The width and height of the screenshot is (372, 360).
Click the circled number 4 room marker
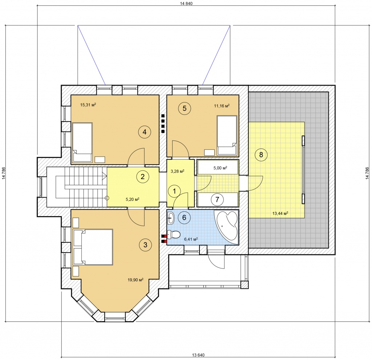[145, 132]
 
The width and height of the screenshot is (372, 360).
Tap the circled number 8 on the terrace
[261, 155]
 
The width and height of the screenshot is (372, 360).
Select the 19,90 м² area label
[136, 280]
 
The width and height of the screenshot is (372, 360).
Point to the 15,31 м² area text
[88, 105]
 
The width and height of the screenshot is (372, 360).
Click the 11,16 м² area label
[222, 106]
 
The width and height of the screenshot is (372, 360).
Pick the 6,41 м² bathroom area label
[191, 239]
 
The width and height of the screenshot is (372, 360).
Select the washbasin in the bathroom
[171, 218]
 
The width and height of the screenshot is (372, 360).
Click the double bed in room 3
[93, 247]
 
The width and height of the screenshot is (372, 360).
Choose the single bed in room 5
[227, 135]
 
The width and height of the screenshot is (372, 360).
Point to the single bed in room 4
[82, 142]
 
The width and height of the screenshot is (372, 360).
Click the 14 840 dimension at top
[186, 3]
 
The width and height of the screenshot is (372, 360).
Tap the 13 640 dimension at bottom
[198, 355]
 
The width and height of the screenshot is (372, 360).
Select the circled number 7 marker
[217, 199]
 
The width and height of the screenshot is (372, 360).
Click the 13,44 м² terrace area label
[280, 213]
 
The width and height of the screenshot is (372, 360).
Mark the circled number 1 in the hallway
[174, 191]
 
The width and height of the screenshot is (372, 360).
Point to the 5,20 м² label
[132, 199]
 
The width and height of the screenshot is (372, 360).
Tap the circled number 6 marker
[184, 217]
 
